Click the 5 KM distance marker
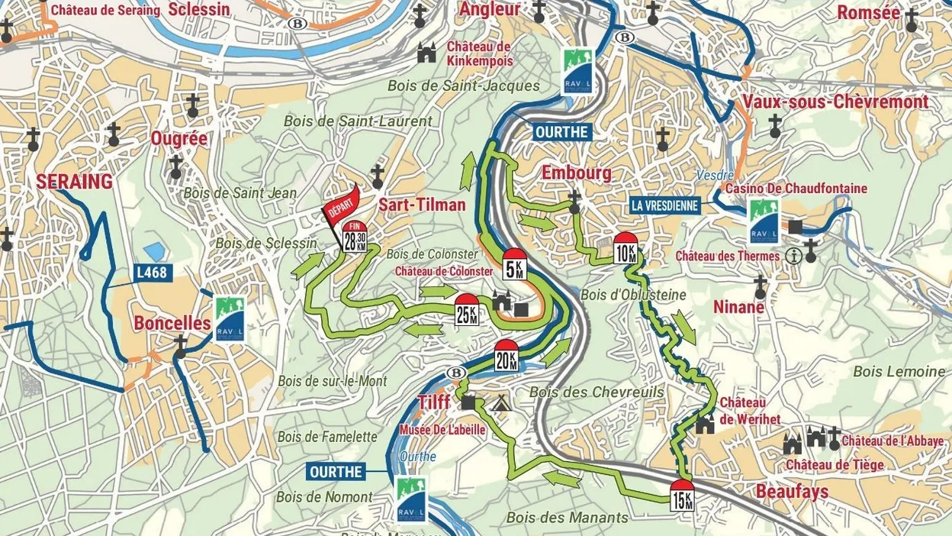tap(515, 264)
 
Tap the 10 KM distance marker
tap(626, 250)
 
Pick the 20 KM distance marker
tap(507, 356)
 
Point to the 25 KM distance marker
tap(467, 310)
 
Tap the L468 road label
tap(152, 271)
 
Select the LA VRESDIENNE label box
tap(664, 205)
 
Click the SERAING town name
tap(74, 182)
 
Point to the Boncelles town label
tap(172, 323)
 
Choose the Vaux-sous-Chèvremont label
tap(835, 102)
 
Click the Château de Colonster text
tap(444, 271)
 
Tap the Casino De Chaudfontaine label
tap(796, 188)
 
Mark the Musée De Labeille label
tap(442, 430)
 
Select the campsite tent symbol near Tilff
tap(500, 403)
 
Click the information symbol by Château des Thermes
tap(793, 256)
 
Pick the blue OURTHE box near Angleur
tap(561, 132)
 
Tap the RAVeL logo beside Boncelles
tap(229, 318)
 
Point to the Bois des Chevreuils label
tap(597, 392)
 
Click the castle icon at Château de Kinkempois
tap(426, 52)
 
